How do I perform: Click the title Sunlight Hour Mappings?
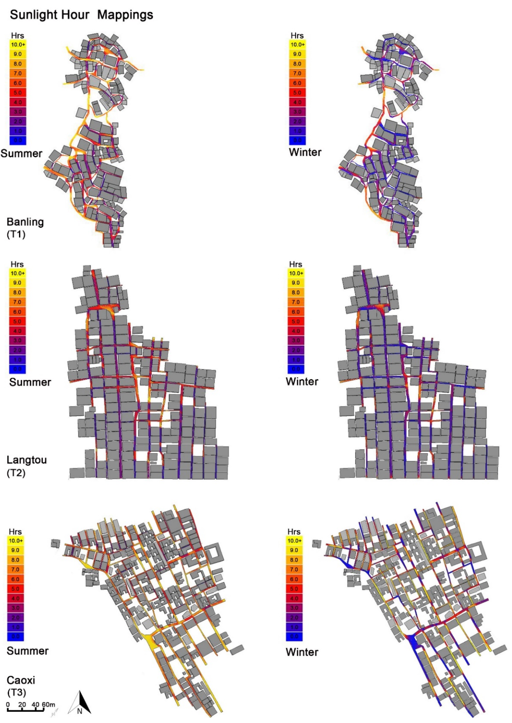pyautogui.click(x=81, y=15)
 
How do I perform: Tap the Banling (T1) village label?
pyautogui.click(x=25, y=227)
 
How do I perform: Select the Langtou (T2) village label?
pyautogui.click(x=27, y=466)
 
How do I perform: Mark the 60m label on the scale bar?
pyautogui.click(x=48, y=704)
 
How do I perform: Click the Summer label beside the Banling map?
pyautogui.click(x=21, y=153)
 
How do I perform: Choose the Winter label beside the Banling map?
pyautogui.click(x=305, y=152)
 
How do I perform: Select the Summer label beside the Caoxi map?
pyautogui.click(x=28, y=651)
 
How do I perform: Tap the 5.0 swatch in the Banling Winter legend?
pyautogui.click(x=297, y=93)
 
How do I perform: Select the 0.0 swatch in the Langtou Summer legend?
pyautogui.click(x=17, y=369)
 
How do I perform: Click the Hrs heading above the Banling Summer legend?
pyautogui.click(x=17, y=36)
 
